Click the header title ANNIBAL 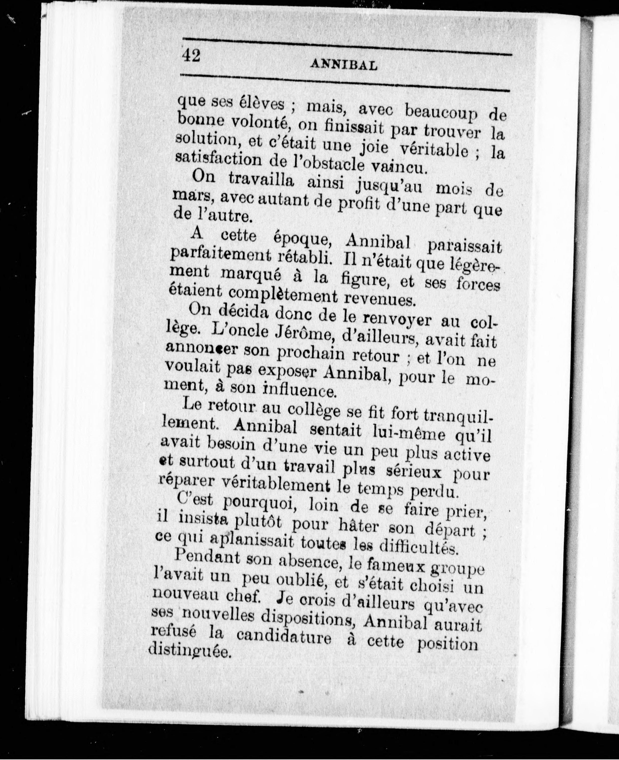[x=344, y=65]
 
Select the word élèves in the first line [x=262, y=104]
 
